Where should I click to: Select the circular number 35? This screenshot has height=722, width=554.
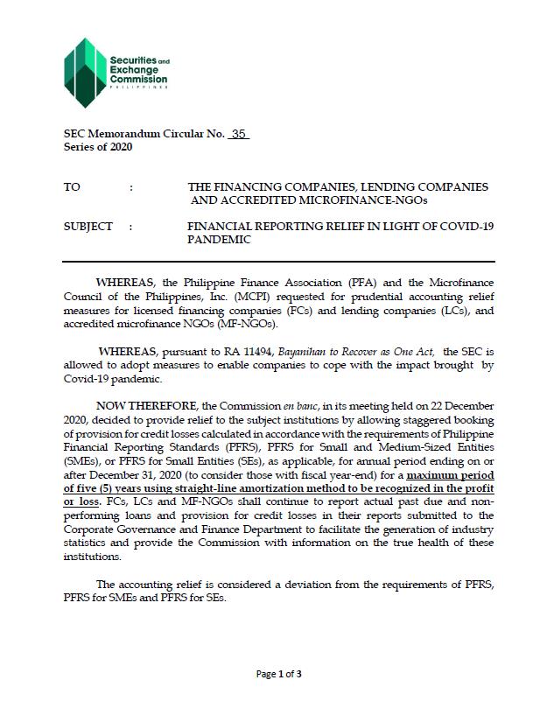[238, 134]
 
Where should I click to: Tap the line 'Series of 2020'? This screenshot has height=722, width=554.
[98, 147]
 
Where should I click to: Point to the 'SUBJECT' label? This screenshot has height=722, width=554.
[88, 227]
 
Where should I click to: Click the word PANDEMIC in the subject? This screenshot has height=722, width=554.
[219, 240]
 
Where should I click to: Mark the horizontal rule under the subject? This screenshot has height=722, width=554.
[278, 262]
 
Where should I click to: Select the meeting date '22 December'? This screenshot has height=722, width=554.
[459, 406]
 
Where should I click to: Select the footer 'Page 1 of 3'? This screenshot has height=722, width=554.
[278, 674]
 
